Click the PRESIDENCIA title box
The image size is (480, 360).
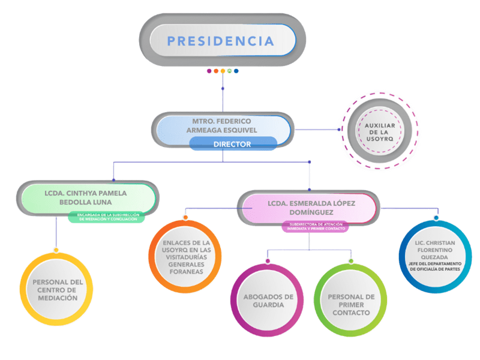click(221, 41)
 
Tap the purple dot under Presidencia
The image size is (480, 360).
click(209, 71)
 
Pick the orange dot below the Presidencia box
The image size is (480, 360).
click(216, 71)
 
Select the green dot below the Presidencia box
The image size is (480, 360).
click(230, 71)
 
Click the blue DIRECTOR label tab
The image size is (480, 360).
click(233, 144)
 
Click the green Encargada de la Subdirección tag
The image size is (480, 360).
click(108, 217)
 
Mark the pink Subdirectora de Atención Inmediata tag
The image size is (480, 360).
click(313, 226)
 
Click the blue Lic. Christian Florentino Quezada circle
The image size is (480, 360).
click(436, 256)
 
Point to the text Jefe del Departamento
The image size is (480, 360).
click(436, 264)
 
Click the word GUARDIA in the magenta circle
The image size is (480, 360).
click(268, 305)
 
